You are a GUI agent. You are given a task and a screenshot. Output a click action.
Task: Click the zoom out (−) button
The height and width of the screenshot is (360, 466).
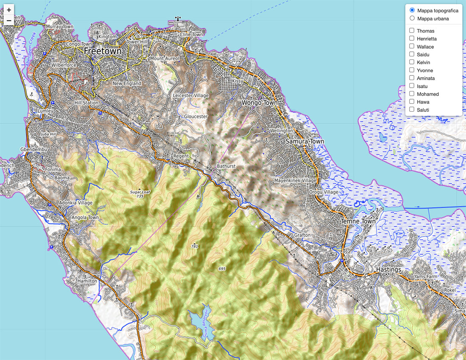tap(9, 20)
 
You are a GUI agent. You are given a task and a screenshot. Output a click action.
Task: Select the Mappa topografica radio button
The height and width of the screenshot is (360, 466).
tap(412, 10)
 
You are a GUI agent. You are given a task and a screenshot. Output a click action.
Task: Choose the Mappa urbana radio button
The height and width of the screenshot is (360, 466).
tap(412, 19)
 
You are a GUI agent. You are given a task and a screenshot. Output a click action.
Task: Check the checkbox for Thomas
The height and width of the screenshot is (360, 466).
tap(412, 31)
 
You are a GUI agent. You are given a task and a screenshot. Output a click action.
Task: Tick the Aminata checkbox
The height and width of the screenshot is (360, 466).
tap(412, 78)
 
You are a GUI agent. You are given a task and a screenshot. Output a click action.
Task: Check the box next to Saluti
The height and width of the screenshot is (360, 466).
tap(412, 110)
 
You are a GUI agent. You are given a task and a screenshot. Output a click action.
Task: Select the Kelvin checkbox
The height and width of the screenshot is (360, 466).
tap(412, 62)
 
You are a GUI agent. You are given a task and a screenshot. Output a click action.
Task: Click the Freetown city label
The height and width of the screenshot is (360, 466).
tap(103, 51)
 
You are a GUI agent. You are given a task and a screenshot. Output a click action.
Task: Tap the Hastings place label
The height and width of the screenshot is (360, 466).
tap(388, 270)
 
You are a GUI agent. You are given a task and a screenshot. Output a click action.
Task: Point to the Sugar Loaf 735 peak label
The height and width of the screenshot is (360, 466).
tap(140, 194)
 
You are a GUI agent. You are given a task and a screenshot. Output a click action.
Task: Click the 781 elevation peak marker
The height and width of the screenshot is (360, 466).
tap(194, 246)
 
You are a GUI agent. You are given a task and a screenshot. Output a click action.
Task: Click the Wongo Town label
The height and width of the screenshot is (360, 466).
tap(259, 103)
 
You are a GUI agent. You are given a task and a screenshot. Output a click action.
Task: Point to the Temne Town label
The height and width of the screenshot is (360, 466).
tap(358, 222)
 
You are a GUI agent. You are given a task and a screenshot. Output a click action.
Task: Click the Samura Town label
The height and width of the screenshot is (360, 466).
tap(304, 141)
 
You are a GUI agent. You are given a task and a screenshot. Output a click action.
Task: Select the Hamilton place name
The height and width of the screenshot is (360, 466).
tap(88, 281)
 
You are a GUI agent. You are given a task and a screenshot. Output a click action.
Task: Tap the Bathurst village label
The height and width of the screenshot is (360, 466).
tap(226, 166)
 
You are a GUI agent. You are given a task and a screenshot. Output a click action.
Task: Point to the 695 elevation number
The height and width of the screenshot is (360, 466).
tap(222, 269)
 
